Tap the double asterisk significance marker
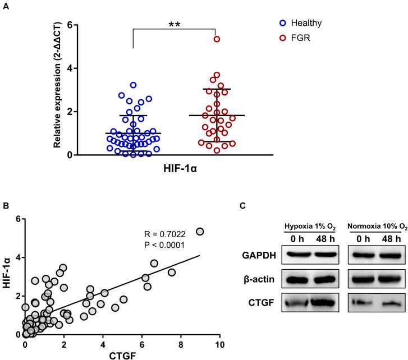click(175, 25)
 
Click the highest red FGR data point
click(216, 39)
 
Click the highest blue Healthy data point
click(133, 85)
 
